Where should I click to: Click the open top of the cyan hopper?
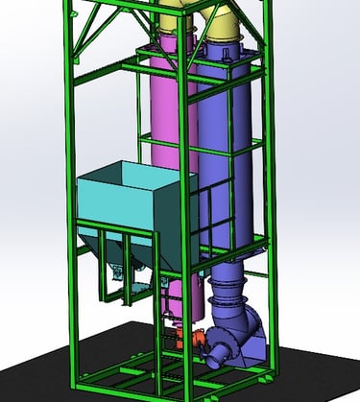[x=134, y=177]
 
